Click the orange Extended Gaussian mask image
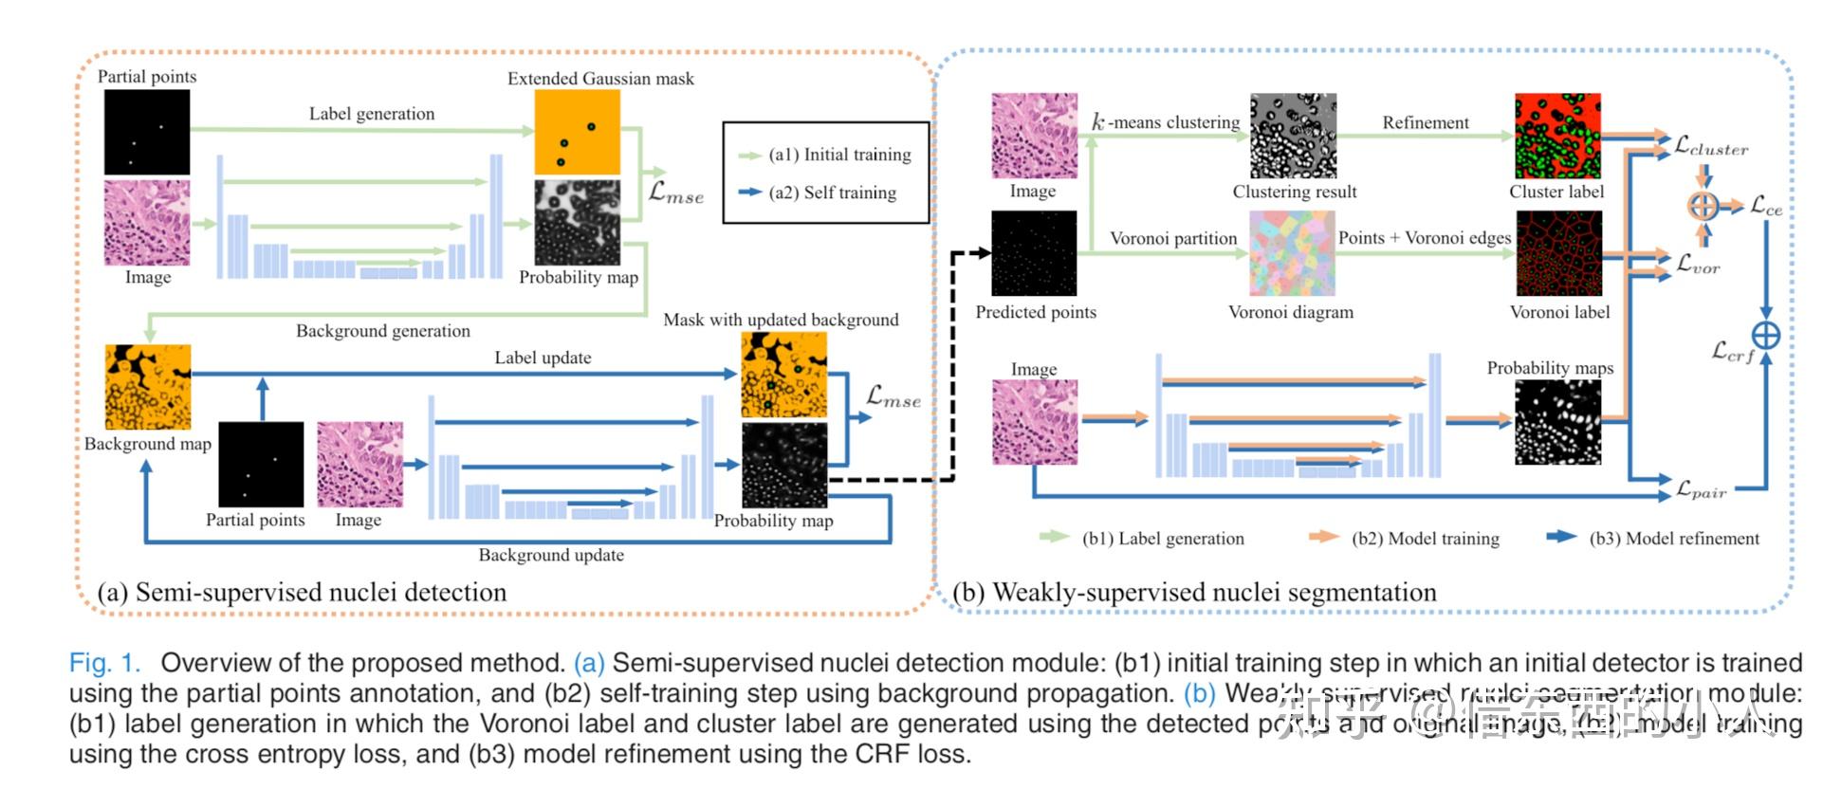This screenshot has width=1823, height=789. (577, 133)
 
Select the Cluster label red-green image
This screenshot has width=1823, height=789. (1557, 136)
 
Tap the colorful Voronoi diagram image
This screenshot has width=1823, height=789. (1292, 253)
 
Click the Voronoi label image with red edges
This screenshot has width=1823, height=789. (1558, 253)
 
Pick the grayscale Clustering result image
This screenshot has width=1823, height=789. (1293, 136)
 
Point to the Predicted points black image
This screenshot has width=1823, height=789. (1034, 253)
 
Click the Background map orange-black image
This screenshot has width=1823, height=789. (148, 387)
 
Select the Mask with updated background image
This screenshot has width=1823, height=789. (783, 375)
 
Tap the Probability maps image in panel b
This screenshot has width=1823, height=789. (1557, 422)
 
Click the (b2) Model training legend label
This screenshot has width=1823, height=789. (1425, 539)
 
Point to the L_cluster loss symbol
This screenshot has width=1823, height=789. (1710, 146)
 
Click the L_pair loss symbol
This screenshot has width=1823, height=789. (1701, 490)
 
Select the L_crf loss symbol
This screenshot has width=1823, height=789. (1732, 353)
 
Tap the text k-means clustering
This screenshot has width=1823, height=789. (1166, 122)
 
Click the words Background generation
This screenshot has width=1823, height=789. (382, 331)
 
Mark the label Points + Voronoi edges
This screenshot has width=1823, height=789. (1424, 238)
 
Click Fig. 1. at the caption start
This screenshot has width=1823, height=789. (104, 663)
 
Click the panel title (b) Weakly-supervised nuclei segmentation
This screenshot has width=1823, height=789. (1194, 593)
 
